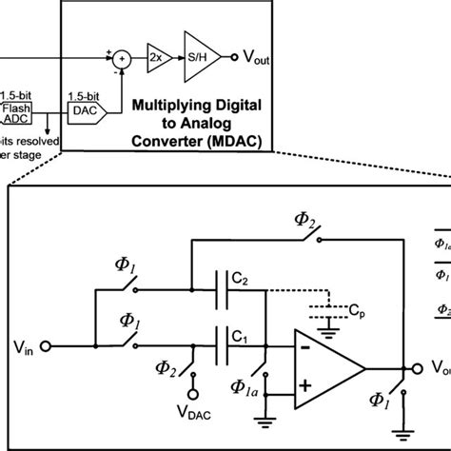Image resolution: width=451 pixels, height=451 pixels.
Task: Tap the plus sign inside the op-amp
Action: [x=307, y=385]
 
